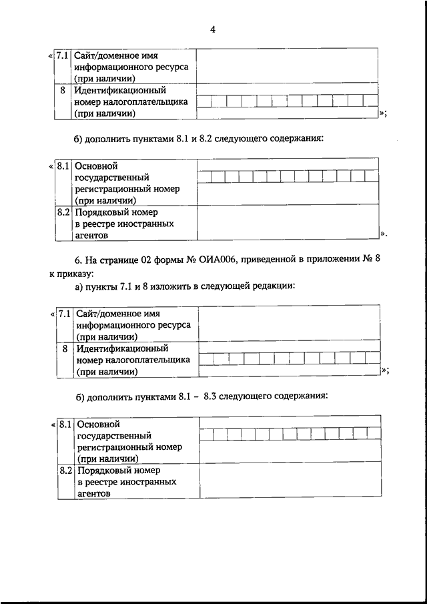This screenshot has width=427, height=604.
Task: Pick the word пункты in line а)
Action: pyautogui.click(x=101, y=286)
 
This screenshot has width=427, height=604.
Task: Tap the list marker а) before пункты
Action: pyautogui.click(x=79, y=286)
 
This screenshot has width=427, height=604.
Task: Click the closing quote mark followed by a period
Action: pyautogui.click(x=384, y=234)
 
